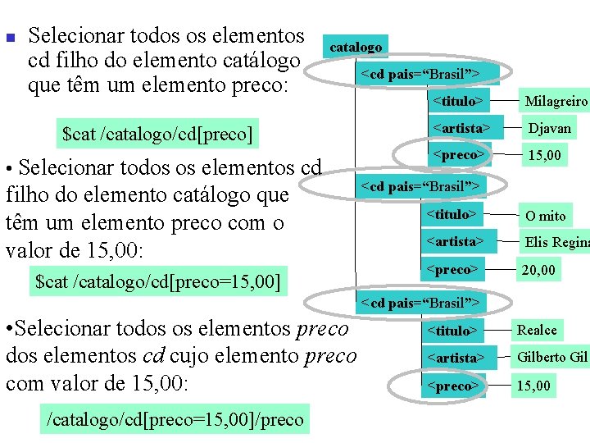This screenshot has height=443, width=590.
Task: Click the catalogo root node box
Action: [356, 47]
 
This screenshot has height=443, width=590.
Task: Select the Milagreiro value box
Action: [556, 101]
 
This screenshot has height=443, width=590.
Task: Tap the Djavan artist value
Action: [549, 128]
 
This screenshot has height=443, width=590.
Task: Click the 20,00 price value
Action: [539, 269]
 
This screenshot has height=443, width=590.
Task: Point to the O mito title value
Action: [545, 215]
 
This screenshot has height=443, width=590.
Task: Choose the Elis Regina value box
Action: [556, 242]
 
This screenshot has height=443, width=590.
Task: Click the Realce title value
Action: [537, 331]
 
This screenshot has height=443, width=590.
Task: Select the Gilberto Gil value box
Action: [552, 358]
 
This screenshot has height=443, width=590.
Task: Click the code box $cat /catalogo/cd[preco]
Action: [157, 133]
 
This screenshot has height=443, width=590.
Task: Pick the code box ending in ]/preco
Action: [176, 419]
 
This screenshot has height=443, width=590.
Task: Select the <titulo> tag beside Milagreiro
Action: [456, 101]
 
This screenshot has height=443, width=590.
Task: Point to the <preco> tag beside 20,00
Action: [451, 269]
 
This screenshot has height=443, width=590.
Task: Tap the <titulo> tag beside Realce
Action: [451, 331]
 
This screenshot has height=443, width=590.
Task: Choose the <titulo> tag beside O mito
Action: [451, 215]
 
